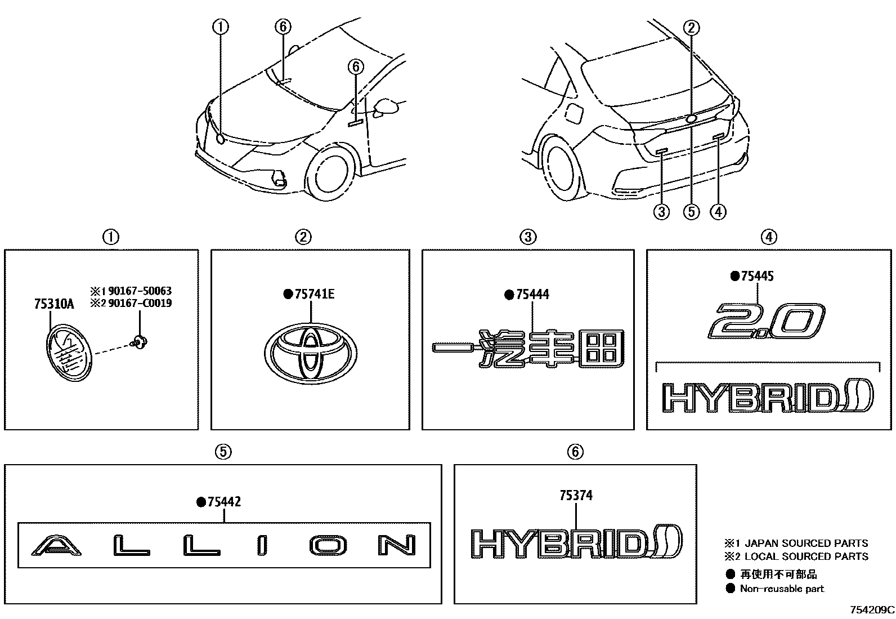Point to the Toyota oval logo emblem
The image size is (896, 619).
(310, 353)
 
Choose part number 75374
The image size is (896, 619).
(576, 496)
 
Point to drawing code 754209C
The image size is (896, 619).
(872, 610)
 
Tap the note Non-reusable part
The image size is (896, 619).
(781, 589)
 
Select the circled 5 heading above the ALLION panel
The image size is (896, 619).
(223, 452)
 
